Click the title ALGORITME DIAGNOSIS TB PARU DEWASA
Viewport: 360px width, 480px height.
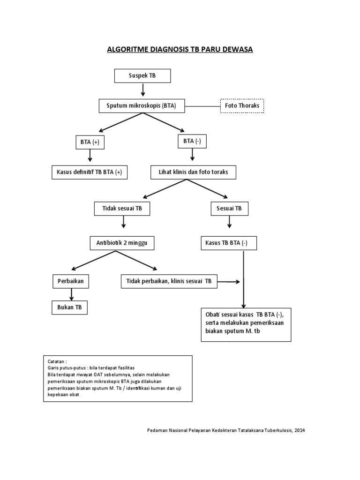click(x=180, y=49)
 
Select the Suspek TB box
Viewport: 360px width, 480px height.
click(x=142, y=75)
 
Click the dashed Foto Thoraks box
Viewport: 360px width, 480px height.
click(x=242, y=106)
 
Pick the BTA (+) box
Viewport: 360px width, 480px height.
click(x=90, y=142)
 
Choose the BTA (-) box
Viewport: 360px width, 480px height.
click(x=192, y=141)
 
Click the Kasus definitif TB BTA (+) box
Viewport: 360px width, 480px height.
click(x=90, y=172)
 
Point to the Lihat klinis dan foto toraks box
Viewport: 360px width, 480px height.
click(x=193, y=172)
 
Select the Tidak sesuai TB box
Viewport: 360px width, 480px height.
click(x=122, y=209)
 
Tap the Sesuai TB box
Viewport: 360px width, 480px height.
click(x=229, y=209)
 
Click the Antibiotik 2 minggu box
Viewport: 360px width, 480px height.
click(x=122, y=243)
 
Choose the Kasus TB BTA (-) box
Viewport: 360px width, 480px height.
click(x=228, y=243)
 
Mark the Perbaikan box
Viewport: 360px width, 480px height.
click(x=71, y=281)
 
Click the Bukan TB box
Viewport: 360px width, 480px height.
click(x=69, y=307)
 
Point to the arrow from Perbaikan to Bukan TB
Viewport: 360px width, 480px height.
click(x=72, y=294)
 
